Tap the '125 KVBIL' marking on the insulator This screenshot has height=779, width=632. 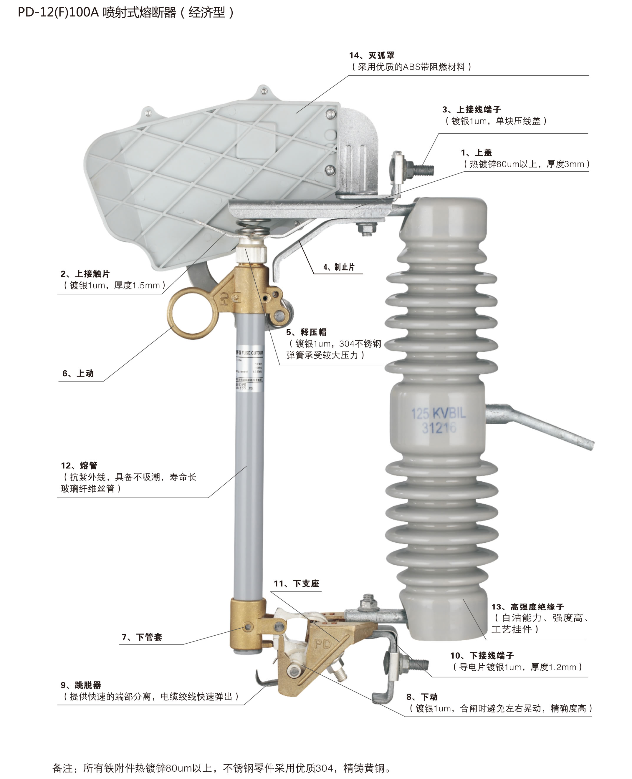[x=438, y=413]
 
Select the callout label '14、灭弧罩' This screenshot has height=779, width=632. [x=372, y=55]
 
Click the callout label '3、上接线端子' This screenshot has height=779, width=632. [x=471, y=109]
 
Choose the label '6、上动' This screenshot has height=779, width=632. [x=78, y=373]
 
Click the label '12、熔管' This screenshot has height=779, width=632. [x=79, y=465]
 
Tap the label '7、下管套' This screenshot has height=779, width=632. [x=142, y=637]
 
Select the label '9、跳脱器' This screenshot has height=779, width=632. [x=81, y=685]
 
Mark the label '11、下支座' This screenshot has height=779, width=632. [x=296, y=584]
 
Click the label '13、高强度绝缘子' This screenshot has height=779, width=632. [x=527, y=606]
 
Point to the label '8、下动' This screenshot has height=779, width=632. [x=422, y=697]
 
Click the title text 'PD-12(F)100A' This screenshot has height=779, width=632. [x=58, y=12]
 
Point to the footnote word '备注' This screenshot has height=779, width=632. [x=63, y=768]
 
